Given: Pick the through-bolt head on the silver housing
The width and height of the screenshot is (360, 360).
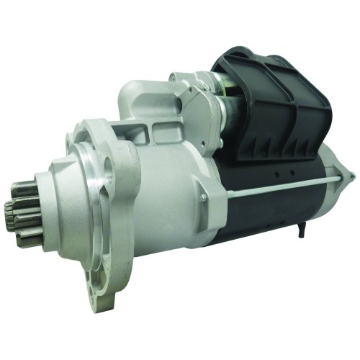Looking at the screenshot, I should [x=204, y=198].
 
